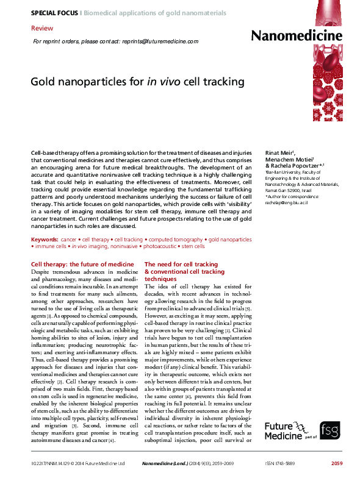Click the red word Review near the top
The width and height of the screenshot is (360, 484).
tap(41, 29)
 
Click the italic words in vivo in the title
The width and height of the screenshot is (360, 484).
tap(160, 81)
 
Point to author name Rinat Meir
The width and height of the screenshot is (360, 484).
tap(279, 152)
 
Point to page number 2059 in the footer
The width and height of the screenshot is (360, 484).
tap(337, 464)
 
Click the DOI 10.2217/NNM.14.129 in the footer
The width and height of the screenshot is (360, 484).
tap(49, 464)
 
